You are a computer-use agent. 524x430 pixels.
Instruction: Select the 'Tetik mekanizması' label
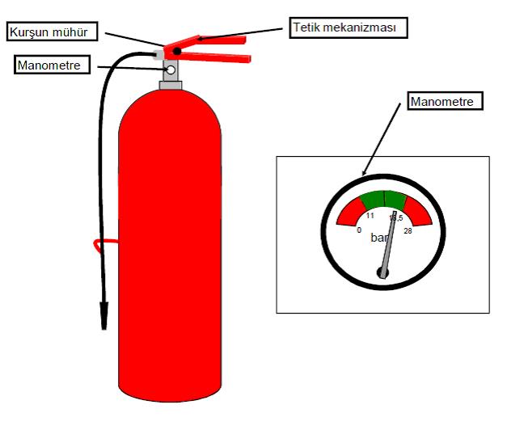[347, 27]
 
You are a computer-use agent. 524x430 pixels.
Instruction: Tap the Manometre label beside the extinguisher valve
[49, 65]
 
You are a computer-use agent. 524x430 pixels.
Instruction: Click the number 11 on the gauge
[370, 216]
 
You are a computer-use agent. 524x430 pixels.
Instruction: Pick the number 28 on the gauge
[407, 231]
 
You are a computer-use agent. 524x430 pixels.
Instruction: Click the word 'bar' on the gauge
[379, 238]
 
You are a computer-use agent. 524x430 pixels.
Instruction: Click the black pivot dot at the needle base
[383, 273]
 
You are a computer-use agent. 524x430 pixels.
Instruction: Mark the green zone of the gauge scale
[383, 200]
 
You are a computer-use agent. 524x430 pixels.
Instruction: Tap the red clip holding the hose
[98, 244]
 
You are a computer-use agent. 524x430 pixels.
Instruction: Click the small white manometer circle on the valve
[171, 70]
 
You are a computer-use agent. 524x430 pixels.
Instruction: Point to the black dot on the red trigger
[175, 52]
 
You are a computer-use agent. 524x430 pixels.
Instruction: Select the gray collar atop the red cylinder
[171, 85]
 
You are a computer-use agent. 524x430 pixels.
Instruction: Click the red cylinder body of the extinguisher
[170, 259]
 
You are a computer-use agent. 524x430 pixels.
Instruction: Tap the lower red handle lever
[218, 60]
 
